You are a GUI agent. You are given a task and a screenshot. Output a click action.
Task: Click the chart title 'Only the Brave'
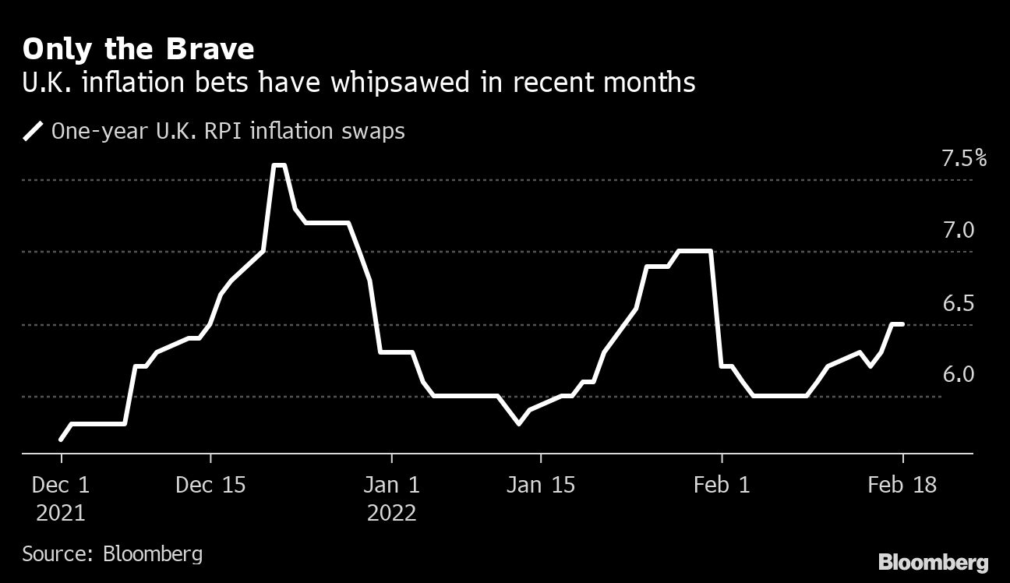[x=138, y=50]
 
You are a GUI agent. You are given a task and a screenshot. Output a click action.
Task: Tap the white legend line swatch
[x=34, y=131]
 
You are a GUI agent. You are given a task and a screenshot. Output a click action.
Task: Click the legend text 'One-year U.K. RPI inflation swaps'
[x=228, y=131]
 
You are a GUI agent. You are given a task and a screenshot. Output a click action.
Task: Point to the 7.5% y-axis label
[x=964, y=159]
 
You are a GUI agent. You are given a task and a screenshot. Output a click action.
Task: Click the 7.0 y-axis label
[x=959, y=231]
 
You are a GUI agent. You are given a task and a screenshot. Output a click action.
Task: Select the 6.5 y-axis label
[x=959, y=303]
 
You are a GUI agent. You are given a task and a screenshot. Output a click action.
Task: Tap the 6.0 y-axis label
[x=959, y=375]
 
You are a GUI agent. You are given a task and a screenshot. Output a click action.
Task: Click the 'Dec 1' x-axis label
[x=61, y=485]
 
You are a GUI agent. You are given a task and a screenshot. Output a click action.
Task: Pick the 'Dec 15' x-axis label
[x=210, y=485]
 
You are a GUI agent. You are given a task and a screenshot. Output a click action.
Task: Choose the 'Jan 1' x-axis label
[x=392, y=485]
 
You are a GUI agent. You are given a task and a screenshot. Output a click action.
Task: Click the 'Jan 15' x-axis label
[x=541, y=485]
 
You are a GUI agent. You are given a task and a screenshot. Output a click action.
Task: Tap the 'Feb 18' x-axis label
[x=903, y=485]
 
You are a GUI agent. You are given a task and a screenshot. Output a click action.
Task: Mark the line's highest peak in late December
[x=279, y=165]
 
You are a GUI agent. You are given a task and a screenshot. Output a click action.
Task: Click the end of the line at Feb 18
[x=902, y=324]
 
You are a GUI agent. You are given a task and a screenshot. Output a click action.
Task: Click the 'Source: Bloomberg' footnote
[x=112, y=554]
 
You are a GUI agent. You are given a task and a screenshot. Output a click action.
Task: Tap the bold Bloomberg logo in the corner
[x=933, y=562]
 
